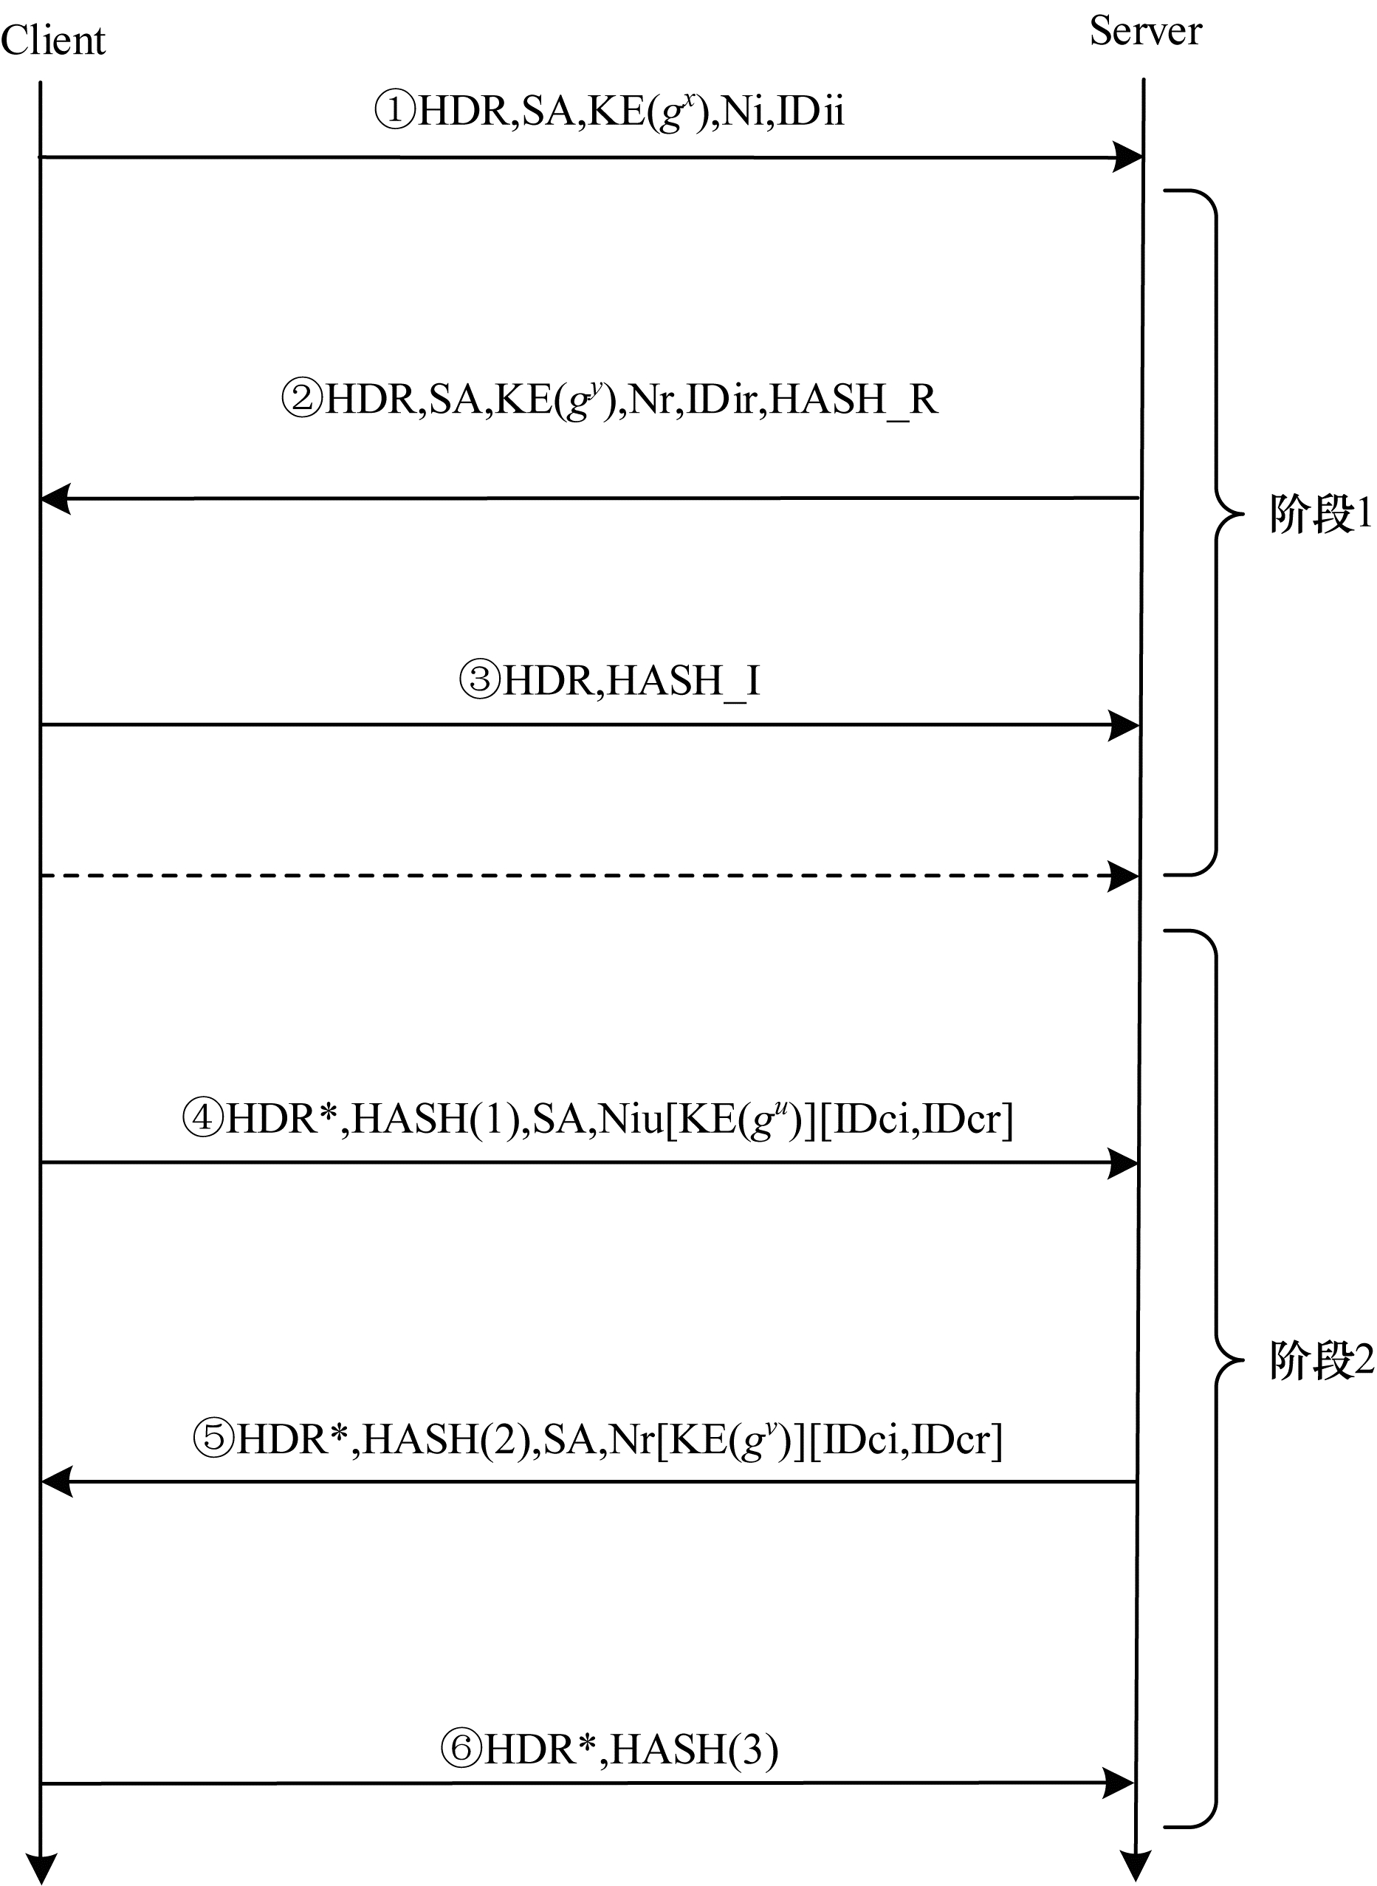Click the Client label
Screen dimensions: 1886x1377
53,41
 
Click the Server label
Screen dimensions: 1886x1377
1145,32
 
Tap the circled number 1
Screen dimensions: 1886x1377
394,111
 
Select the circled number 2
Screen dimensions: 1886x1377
302,399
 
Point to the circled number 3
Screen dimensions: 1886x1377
480,679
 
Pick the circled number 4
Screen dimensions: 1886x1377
202,1118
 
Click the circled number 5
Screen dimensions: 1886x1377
214,1438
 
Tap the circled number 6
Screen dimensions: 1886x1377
461,1749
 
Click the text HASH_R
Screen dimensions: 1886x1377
854,400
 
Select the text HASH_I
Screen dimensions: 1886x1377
684,680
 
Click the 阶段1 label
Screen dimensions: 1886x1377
1320,515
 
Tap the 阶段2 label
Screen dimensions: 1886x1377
1320,1362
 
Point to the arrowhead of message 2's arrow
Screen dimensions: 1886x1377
55,499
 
